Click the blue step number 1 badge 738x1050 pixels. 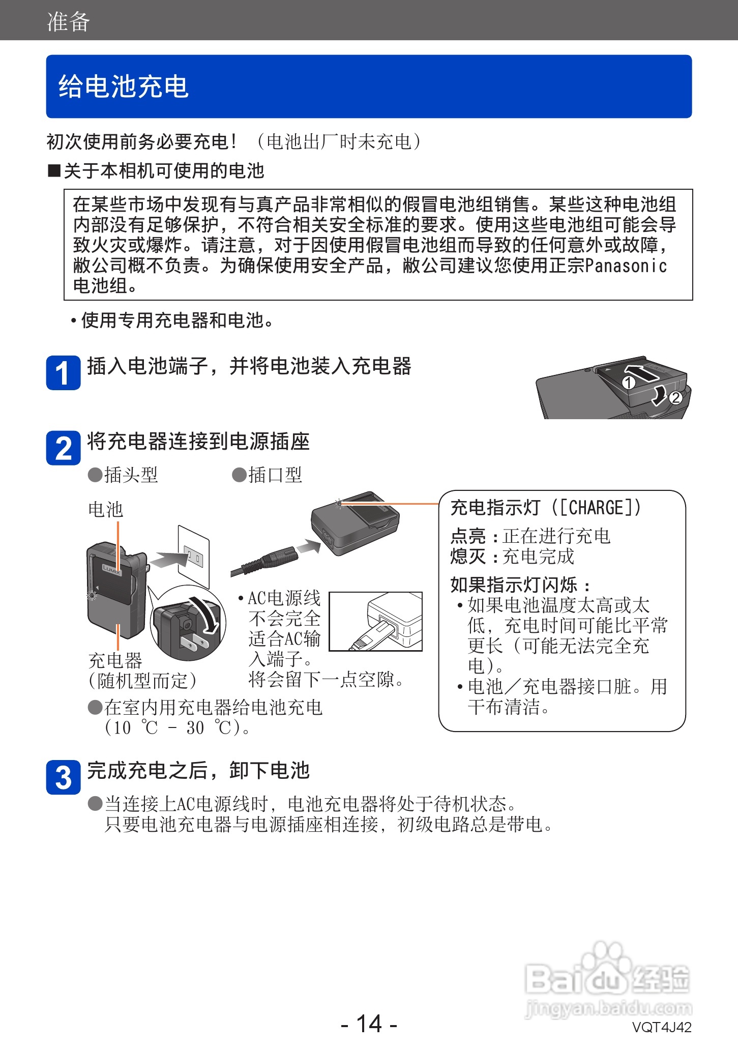tap(63, 373)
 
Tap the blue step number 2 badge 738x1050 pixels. tap(63, 448)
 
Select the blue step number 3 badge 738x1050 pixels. tap(63, 777)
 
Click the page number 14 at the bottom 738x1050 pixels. tap(369, 1023)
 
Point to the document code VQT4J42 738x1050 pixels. tap(662, 1027)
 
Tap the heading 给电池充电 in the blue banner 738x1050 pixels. tap(124, 86)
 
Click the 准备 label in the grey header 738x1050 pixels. tap(68, 22)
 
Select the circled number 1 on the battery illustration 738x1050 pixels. tap(629, 383)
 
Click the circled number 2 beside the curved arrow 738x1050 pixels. tap(675, 397)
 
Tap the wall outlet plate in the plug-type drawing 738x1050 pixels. tap(194, 556)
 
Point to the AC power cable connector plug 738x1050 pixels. tap(277, 558)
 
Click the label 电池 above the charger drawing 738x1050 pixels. tap(105, 509)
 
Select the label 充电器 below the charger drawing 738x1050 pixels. tap(115, 660)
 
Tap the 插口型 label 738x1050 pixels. tap(275, 475)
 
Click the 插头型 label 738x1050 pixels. tap(131, 475)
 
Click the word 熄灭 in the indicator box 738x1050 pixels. tap(468, 556)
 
